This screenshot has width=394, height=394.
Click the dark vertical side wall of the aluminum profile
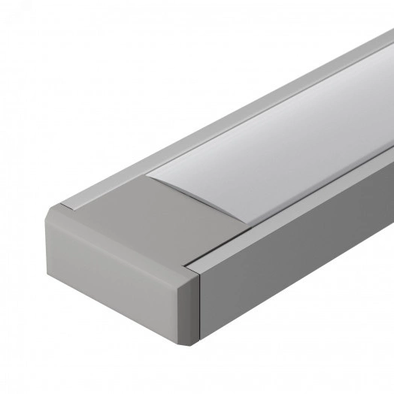coord(301,286)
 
